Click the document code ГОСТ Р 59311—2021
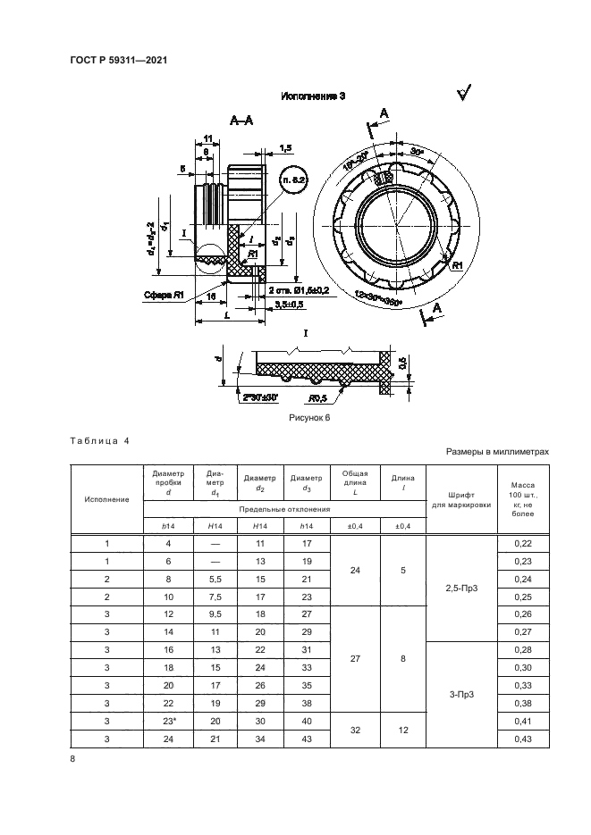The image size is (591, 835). click(x=119, y=60)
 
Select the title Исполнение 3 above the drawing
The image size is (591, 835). click(x=314, y=96)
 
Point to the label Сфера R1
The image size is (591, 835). click(x=165, y=293)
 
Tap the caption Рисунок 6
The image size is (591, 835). click(x=309, y=418)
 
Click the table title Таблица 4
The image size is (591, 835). click(x=99, y=441)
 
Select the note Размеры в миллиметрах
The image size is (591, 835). click(x=497, y=453)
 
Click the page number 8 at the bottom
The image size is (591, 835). click(x=73, y=758)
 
